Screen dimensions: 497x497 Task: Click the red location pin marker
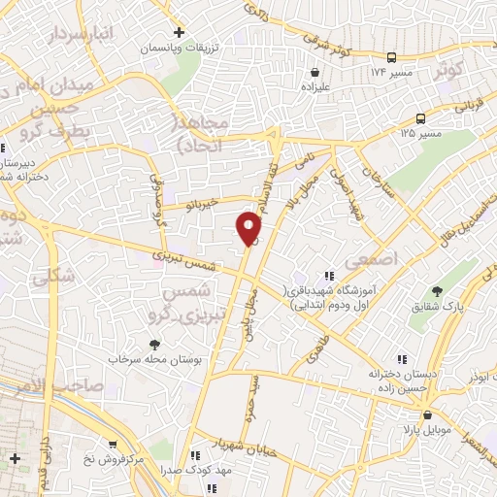coord(249,228)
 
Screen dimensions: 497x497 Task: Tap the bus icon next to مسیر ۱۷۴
coord(390,56)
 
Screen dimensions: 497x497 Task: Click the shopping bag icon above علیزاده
coord(315,71)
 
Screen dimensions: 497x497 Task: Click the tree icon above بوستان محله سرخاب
coord(153,344)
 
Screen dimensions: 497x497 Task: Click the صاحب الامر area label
coord(43,386)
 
